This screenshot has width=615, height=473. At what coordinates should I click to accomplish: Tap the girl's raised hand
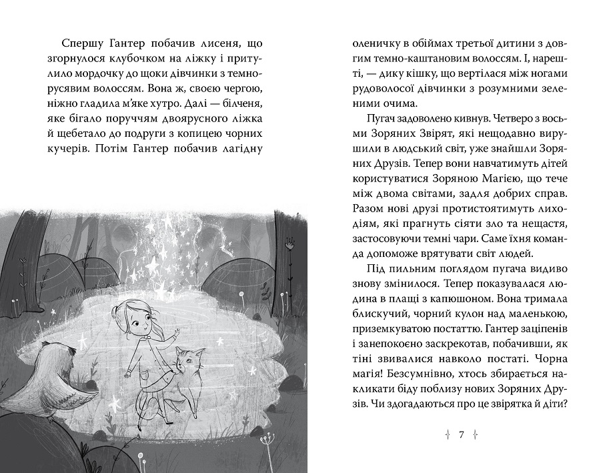[x=175, y=332]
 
